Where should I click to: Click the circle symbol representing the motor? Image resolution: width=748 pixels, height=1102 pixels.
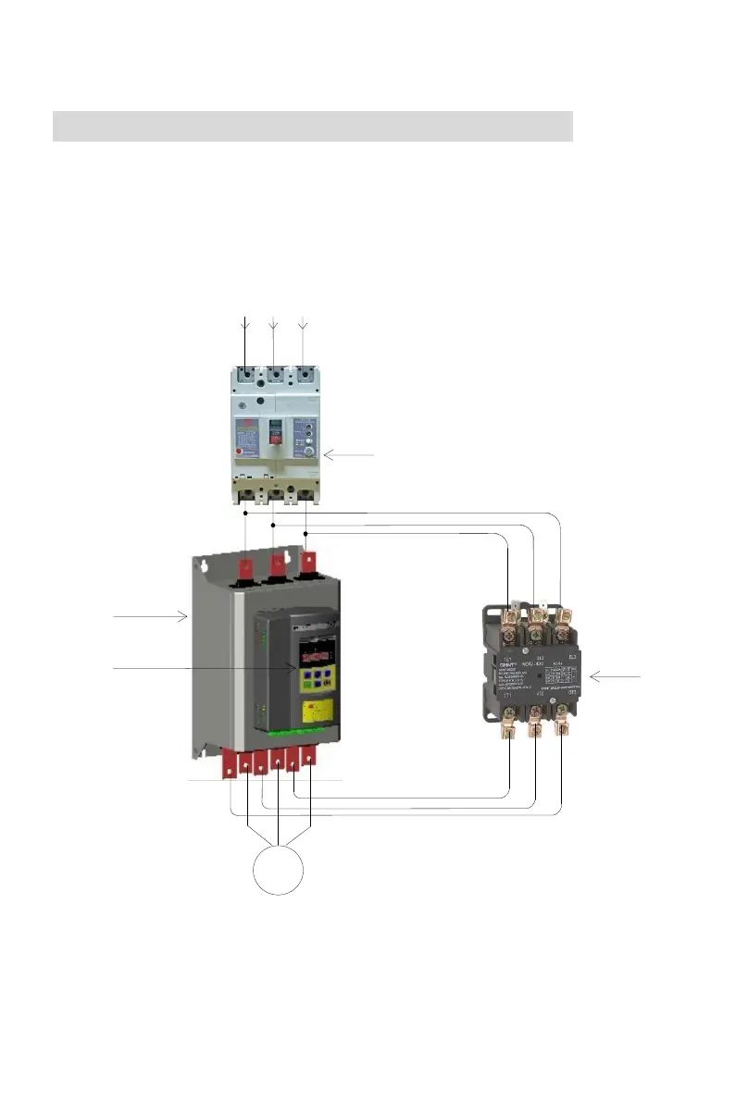pyautogui.click(x=279, y=870)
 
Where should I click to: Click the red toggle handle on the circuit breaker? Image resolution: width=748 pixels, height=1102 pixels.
pyautogui.click(x=274, y=427)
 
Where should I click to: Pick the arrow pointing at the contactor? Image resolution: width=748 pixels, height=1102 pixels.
pyautogui.click(x=614, y=677)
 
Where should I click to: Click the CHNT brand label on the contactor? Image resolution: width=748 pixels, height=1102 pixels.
pyautogui.click(x=507, y=664)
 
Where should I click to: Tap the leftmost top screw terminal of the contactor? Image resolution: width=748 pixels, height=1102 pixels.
pyautogui.click(x=508, y=613)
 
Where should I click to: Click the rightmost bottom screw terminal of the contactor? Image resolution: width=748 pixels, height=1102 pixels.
pyautogui.click(x=561, y=710)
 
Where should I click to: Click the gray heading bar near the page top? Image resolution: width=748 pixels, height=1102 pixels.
pyautogui.click(x=313, y=126)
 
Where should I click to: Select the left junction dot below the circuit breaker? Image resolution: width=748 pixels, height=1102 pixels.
pyautogui.click(x=244, y=512)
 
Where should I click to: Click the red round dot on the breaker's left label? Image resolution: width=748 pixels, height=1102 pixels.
pyautogui.click(x=242, y=452)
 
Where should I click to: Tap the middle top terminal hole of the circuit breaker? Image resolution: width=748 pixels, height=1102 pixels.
pyautogui.click(x=276, y=377)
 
